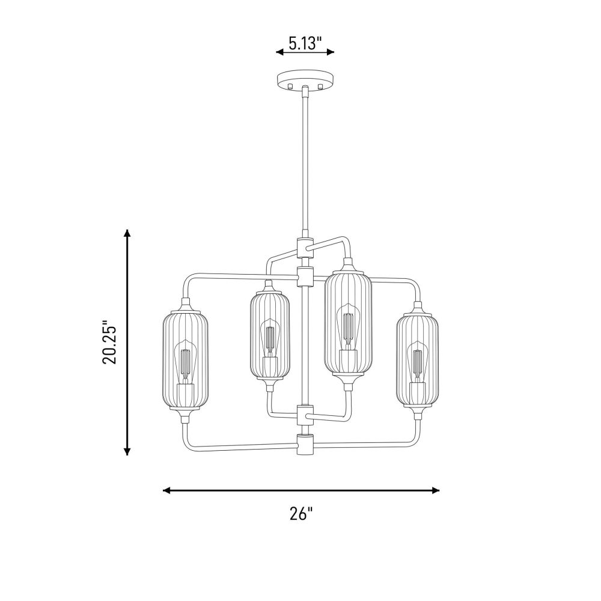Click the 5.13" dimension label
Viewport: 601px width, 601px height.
click(x=305, y=44)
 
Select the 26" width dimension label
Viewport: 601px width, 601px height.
click(x=301, y=514)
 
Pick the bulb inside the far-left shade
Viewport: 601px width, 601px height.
click(x=186, y=361)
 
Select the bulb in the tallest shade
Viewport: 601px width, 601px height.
click(x=347, y=326)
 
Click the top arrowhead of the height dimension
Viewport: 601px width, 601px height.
click(x=127, y=233)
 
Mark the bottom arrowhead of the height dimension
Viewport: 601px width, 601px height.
click(x=127, y=451)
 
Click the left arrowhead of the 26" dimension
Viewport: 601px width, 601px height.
click(x=167, y=490)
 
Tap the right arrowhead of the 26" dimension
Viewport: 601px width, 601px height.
click(x=435, y=490)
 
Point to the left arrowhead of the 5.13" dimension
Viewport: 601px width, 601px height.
click(x=280, y=52)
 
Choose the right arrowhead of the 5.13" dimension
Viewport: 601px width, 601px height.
click(x=330, y=52)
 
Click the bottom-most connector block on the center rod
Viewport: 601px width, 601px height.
click(x=305, y=444)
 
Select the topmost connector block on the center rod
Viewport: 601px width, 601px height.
click(x=305, y=246)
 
